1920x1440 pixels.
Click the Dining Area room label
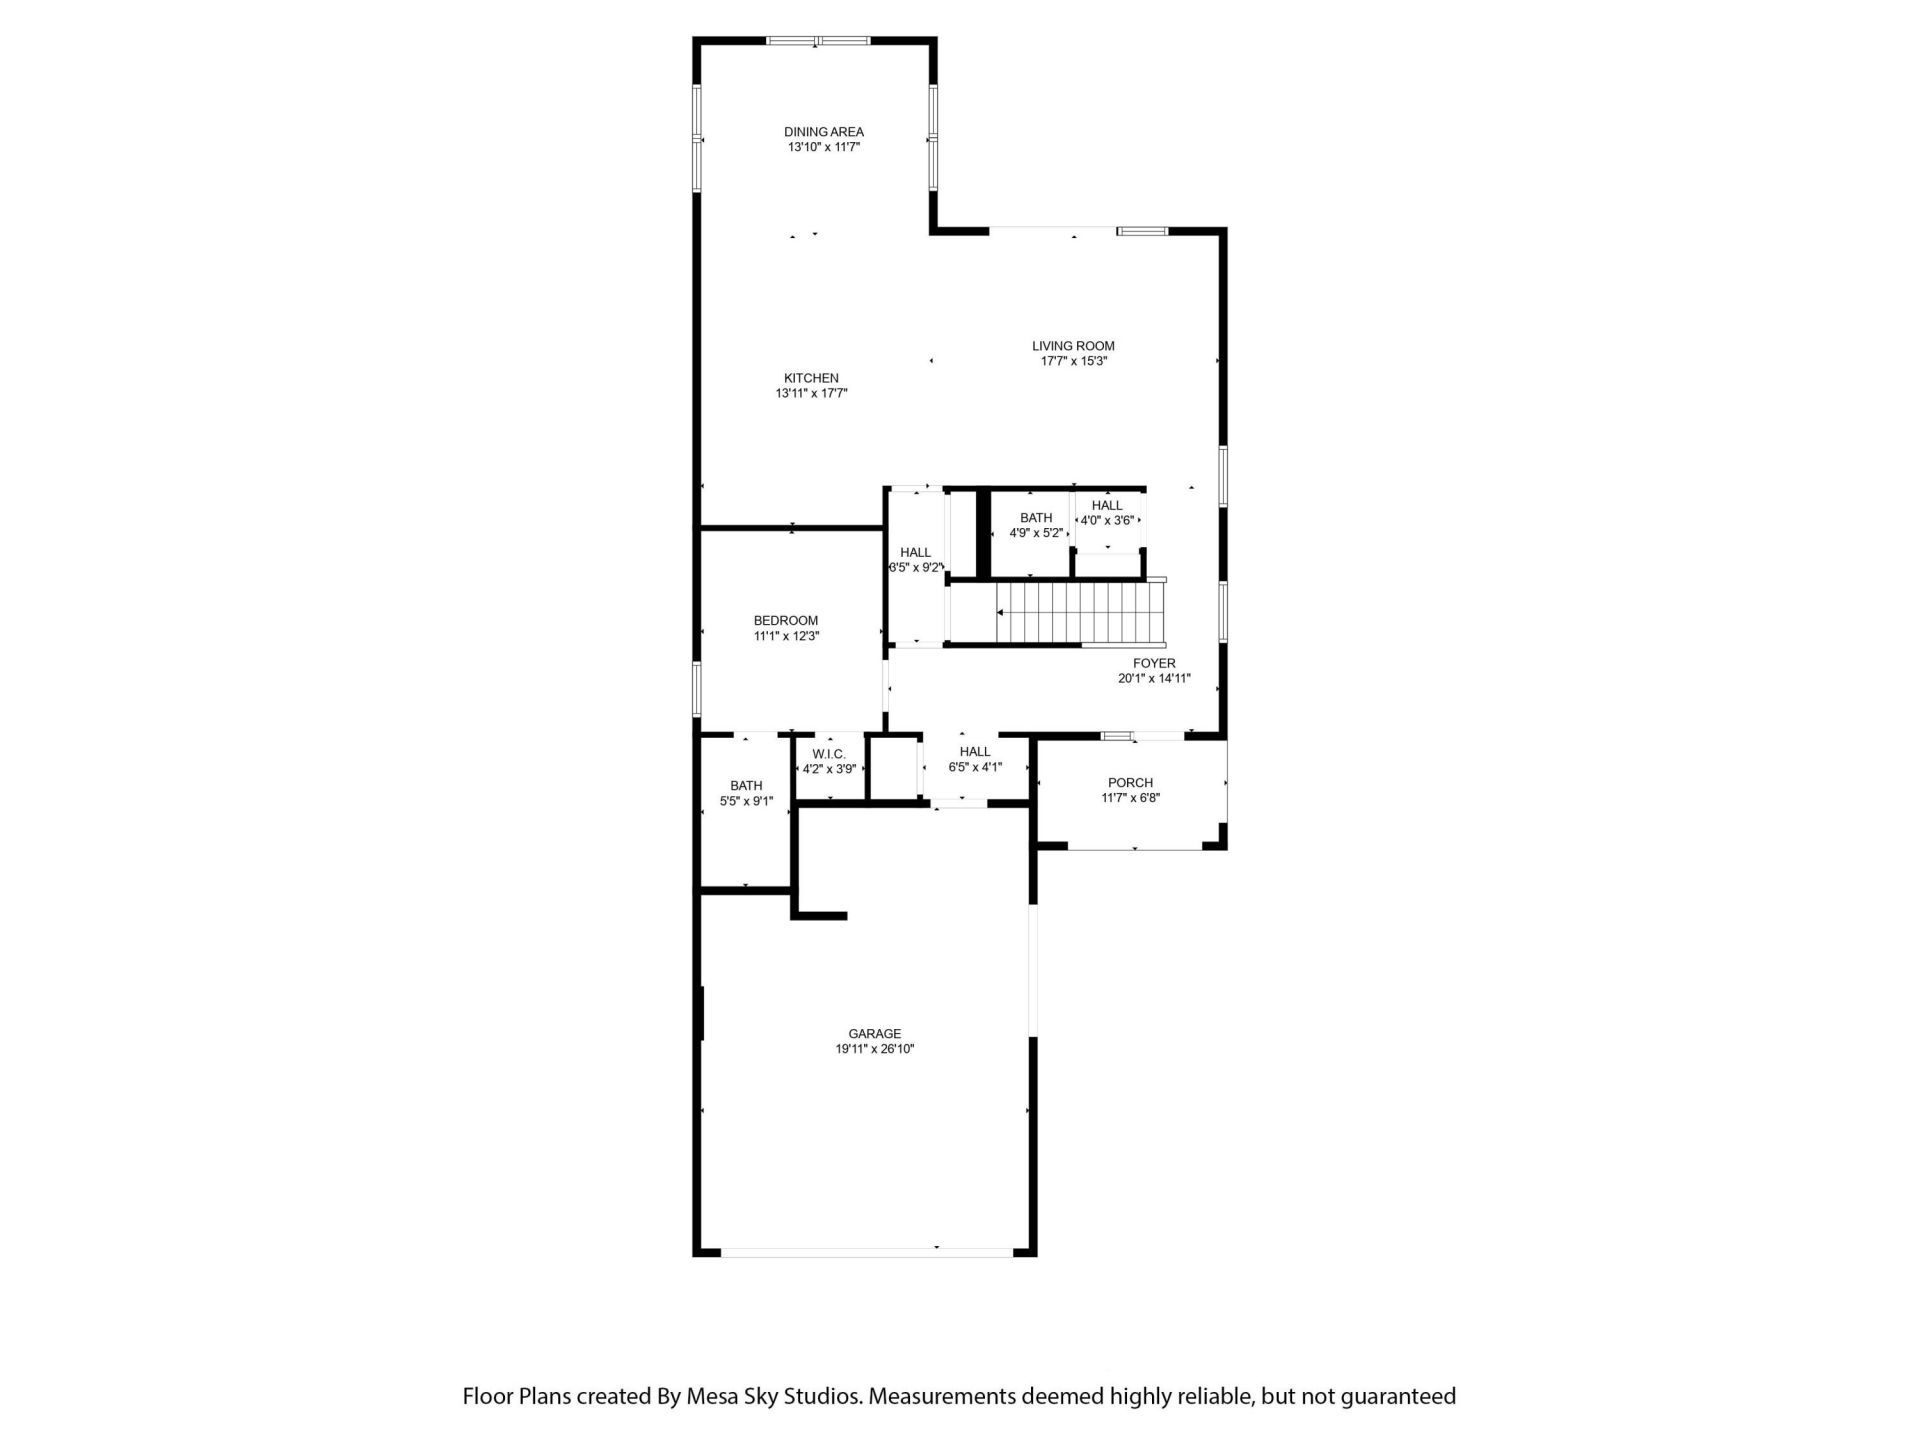point(823,132)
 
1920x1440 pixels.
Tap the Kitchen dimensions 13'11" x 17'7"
point(811,394)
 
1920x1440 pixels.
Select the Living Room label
point(1073,346)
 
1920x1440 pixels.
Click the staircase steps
point(1080,614)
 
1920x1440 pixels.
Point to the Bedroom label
point(786,621)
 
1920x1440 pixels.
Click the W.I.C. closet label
point(829,754)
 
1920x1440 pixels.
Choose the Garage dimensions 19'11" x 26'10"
point(875,1049)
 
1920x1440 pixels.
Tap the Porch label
point(1130,783)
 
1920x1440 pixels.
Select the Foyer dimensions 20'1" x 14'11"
point(1154,678)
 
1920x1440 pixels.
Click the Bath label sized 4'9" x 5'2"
point(1036,518)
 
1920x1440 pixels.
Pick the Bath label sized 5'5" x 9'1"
point(746,786)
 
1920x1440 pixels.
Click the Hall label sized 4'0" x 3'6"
point(1107,506)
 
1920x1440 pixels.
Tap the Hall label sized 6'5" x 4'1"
point(975,752)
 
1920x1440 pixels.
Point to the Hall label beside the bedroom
point(915,553)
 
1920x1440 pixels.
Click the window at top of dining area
point(818,41)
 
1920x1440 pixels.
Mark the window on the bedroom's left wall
point(697,688)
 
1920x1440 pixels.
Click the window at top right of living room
point(1142,232)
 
